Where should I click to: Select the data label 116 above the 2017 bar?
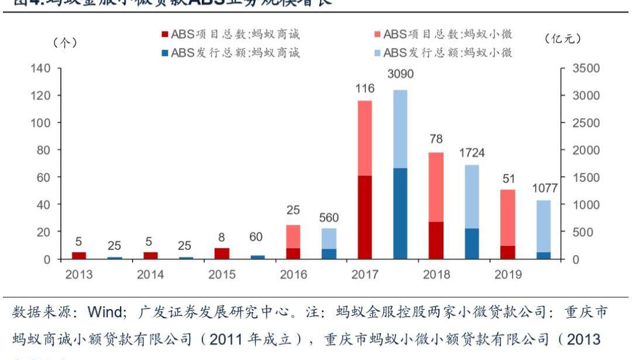pyautogui.click(x=365, y=88)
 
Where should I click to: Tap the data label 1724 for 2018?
pyautogui.click(x=472, y=153)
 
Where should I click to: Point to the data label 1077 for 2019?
pyautogui.click(x=544, y=188)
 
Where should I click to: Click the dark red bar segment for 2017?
pyautogui.click(x=365, y=217)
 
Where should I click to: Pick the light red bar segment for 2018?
pyautogui.click(x=436, y=187)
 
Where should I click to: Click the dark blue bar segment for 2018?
pyautogui.click(x=472, y=244)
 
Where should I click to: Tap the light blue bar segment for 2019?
pyautogui.click(x=544, y=226)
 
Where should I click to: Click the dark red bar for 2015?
pyautogui.click(x=222, y=253)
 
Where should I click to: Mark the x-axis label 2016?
pyautogui.click(x=293, y=275)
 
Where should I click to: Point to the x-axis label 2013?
pyautogui.click(x=79, y=275)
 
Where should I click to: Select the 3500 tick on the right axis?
pyautogui.click(x=586, y=68)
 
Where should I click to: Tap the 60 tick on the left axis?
pyautogui.click(x=43, y=177)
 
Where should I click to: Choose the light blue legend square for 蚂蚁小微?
pyautogui.click(x=377, y=53)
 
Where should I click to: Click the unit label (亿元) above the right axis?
pyautogui.click(x=562, y=39)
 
